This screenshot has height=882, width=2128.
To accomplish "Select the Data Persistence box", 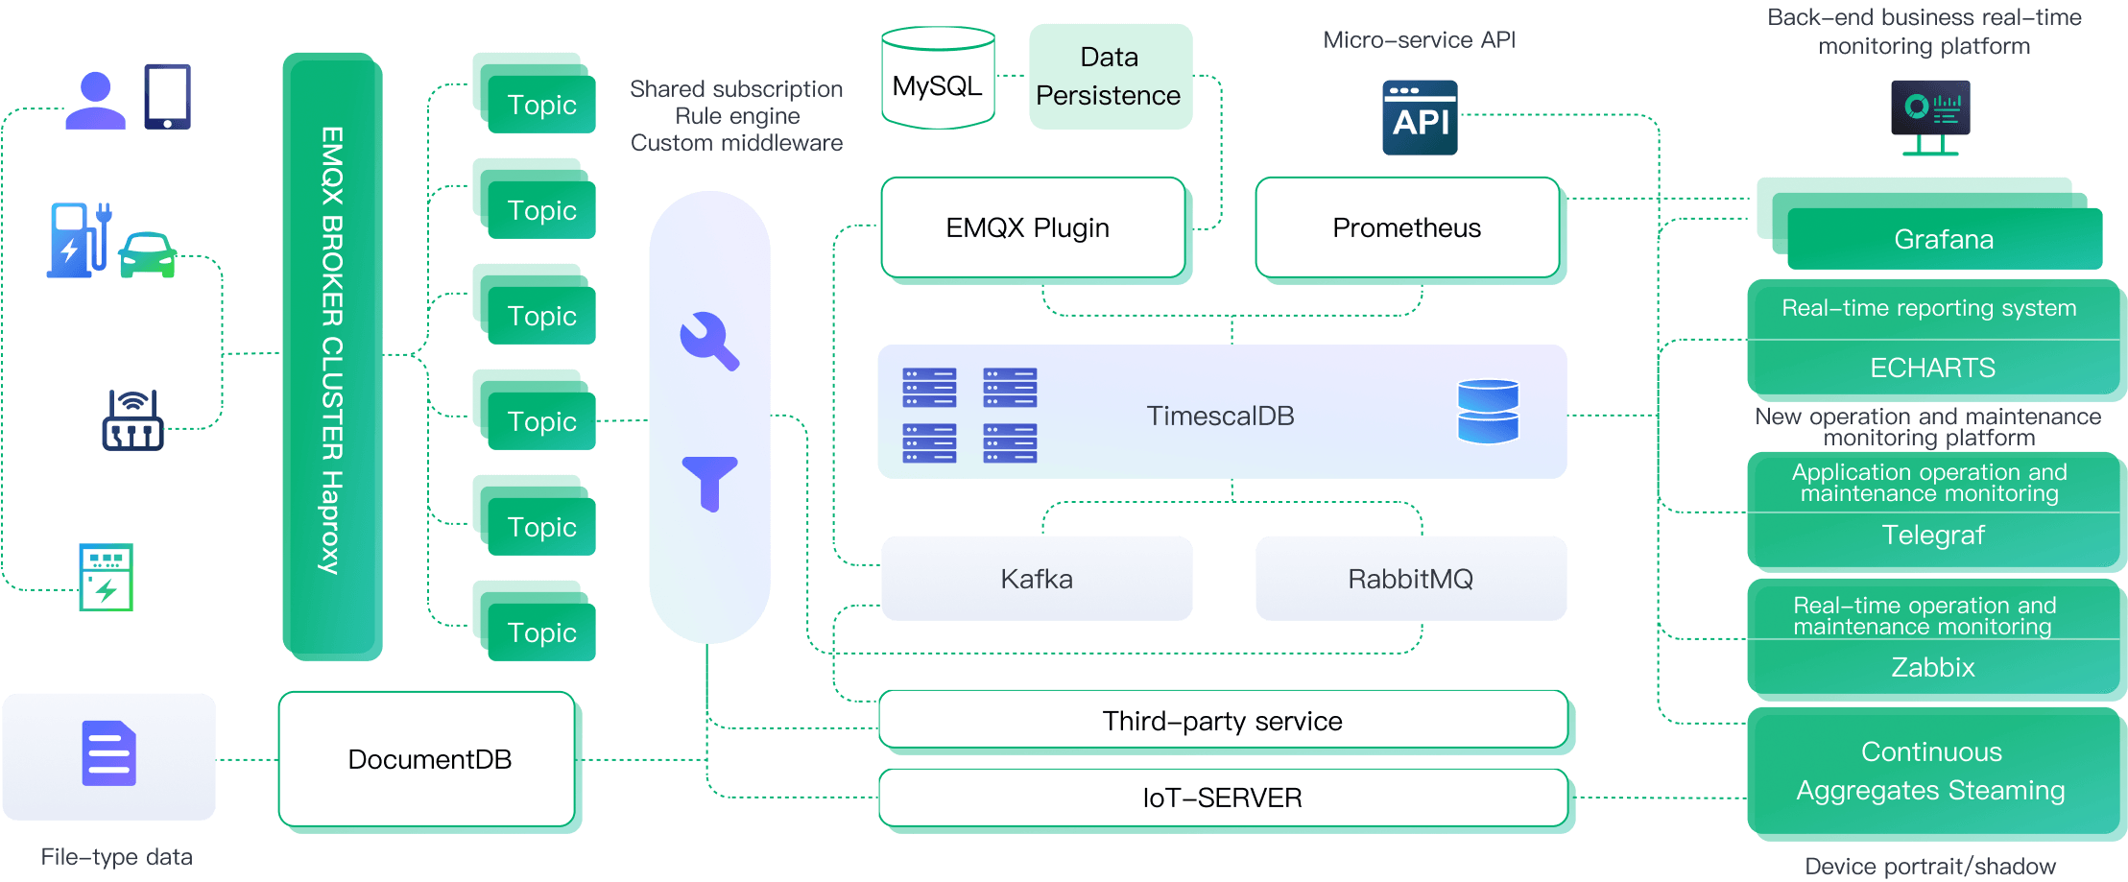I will click(x=1110, y=77).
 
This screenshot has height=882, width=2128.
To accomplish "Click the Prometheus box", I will click(x=1407, y=228).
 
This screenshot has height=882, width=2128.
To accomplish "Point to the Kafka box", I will click(x=1037, y=579).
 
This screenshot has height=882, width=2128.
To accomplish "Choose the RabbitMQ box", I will click(x=1410, y=579).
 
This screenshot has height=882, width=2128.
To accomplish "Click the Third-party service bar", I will click(x=1223, y=721).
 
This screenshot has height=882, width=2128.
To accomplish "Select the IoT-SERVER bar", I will click(x=1223, y=798).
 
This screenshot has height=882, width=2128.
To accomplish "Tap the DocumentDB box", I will click(x=428, y=759).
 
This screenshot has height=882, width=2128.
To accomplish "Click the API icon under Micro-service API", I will click(x=1420, y=117).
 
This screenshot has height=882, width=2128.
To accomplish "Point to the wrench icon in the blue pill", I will click(x=708, y=341).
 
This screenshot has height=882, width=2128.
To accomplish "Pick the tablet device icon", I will click(x=167, y=96).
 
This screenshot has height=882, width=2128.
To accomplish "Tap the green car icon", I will click(x=148, y=254).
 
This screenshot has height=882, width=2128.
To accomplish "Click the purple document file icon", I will click(x=109, y=753).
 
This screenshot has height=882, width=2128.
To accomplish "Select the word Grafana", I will click(x=1944, y=239).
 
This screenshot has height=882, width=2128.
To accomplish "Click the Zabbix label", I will click(x=1933, y=667).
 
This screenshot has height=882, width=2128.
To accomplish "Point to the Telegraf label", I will click(x=1933, y=535).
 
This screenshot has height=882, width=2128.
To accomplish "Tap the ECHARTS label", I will click(x=1932, y=368).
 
